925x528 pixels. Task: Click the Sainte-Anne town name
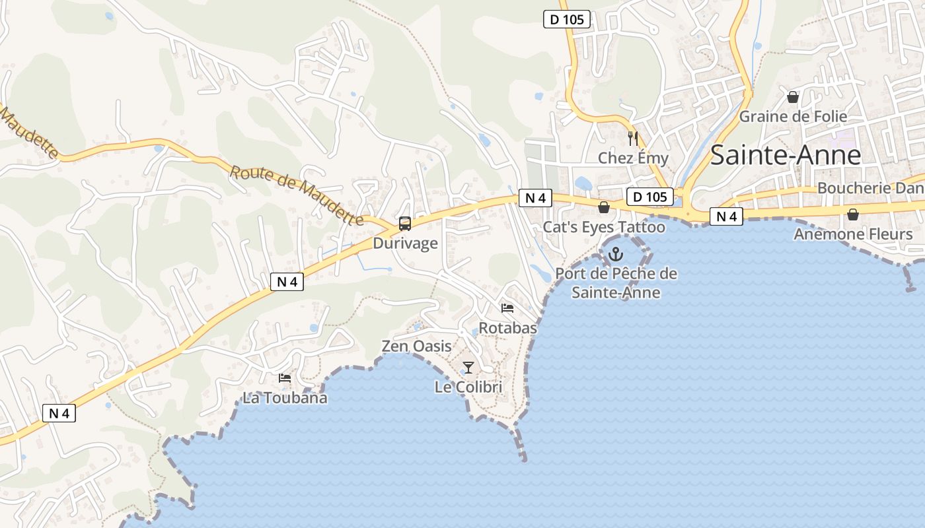786,155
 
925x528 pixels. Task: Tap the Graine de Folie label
793,117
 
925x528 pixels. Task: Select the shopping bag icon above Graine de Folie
793,98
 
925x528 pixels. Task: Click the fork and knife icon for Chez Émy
633,139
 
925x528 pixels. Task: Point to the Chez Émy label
633,158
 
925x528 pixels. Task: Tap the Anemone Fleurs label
853,234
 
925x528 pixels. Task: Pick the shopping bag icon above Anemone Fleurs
853,214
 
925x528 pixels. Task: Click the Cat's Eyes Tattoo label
604,227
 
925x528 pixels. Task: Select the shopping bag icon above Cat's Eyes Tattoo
603,208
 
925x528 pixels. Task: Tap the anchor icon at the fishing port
616,254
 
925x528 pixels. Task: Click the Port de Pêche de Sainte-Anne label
616,282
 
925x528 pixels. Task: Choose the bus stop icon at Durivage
405,224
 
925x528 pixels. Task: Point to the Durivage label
405,244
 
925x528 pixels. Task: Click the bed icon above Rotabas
507,308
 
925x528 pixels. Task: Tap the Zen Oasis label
417,346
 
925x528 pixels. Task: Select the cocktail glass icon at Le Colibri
468,368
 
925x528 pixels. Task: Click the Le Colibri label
468,387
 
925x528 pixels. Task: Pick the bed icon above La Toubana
285,378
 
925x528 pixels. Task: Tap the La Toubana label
285,398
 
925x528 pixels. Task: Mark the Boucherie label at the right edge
870,188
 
